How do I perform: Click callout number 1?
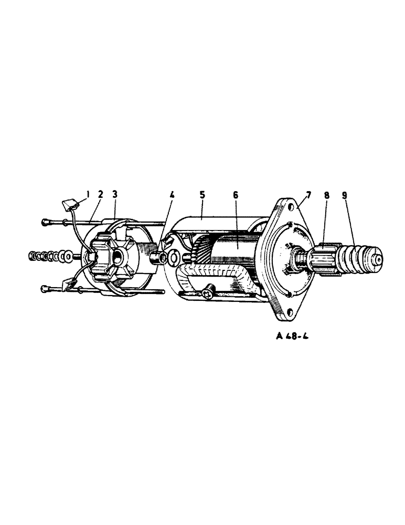click(88, 194)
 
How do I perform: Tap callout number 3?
click(115, 194)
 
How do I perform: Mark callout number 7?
click(308, 195)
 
